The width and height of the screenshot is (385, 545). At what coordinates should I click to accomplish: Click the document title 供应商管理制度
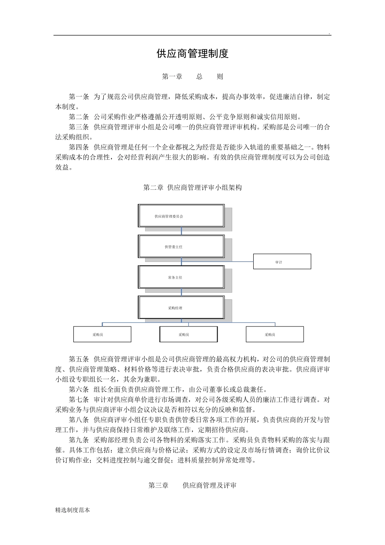pyautogui.click(x=192, y=54)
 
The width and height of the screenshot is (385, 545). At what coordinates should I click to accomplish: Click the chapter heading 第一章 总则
pyautogui.click(x=192, y=77)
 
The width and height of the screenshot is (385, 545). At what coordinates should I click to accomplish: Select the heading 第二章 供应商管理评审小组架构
pyautogui.click(x=192, y=188)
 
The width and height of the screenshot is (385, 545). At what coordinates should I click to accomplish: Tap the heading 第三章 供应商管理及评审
pyautogui.click(x=192, y=485)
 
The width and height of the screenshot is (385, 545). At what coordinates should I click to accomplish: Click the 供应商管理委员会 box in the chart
pyautogui.click(x=181, y=216)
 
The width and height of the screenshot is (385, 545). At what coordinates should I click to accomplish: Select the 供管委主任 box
pyautogui.click(x=181, y=247)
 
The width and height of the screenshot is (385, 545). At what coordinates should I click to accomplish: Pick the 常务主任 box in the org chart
pyautogui.click(x=181, y=277)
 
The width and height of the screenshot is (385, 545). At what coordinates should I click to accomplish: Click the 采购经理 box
pyautogui.click(x=181, y=308)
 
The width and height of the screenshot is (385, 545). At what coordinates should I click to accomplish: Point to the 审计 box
pyautogui.click(x=282, y=262)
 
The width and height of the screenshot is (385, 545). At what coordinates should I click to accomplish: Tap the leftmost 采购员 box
pyautogui.click(x=102, y=335)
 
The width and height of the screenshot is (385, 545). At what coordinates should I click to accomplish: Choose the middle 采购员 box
pyautogui.click(x=188, y=335)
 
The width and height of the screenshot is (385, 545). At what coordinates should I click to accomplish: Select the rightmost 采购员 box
pyautogui.click(x=275, y=335)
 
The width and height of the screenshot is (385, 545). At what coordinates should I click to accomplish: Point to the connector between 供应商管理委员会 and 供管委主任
pyautogui.click(x=182, y=231)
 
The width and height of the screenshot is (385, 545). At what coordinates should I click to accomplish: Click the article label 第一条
pyautogui.click(x=79, y=97)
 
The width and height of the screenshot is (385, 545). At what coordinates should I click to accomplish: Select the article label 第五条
pyautogui.click(x=79, y=359)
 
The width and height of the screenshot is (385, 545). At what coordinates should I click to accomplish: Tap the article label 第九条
pyautogui.click(x=79, y=440)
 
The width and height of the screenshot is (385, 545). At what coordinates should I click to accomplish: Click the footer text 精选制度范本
pyautogui.click(x=73, y=510)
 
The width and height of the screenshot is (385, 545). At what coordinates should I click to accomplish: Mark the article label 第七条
pyautogui.click(x=79, y=400)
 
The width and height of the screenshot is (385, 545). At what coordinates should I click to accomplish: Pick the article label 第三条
pyautogui.click(x=79, y=127)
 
